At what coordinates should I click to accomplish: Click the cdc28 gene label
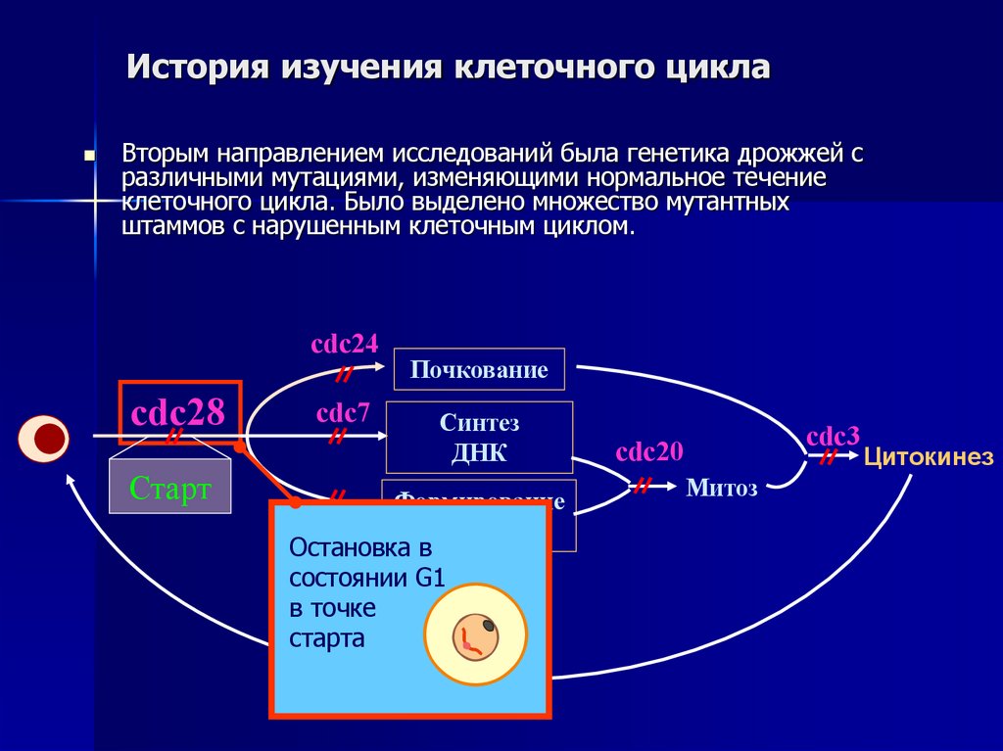pyautogui.click(x=178, y=411)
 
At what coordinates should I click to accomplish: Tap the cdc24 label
pyautogui.click(x=344, y=345)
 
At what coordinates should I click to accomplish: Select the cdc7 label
pyautogui.click(x=342, y=412)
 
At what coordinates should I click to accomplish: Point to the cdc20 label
pyautogui.click(x=649, y=452)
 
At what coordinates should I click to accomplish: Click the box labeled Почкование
pyautogui.click(x=478, y=370)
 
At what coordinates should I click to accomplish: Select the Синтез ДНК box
pyautogui.click(x=479, y=437)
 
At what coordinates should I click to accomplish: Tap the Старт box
pyautogui.click(x=169, y=488)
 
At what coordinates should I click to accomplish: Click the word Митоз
pyautogui.click(x=722, y=488)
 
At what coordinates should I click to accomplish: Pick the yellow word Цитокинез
pyautogui.click(x=928, y=457)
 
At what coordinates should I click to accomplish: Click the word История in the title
pyautogui.click(x=197, y=70)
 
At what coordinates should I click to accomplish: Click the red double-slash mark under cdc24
pyautogui.click(x=345, y=374)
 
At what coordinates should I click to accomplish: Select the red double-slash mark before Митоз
pyautogui.click(x=645, y=485)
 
